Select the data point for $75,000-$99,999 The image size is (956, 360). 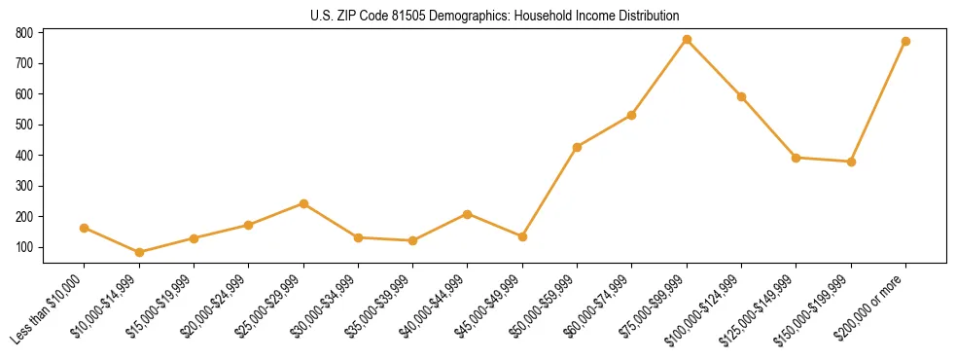687,40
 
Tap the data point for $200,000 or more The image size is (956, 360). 905,42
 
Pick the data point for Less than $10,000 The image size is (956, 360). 85,228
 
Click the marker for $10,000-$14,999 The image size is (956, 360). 139,252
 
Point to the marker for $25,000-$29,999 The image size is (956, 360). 303,203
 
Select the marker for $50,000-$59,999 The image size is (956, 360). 578,147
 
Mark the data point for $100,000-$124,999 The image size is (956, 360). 741,96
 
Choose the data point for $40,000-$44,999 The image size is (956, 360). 468,214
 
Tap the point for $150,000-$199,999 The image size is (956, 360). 851,162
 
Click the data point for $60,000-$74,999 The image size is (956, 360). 632,115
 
